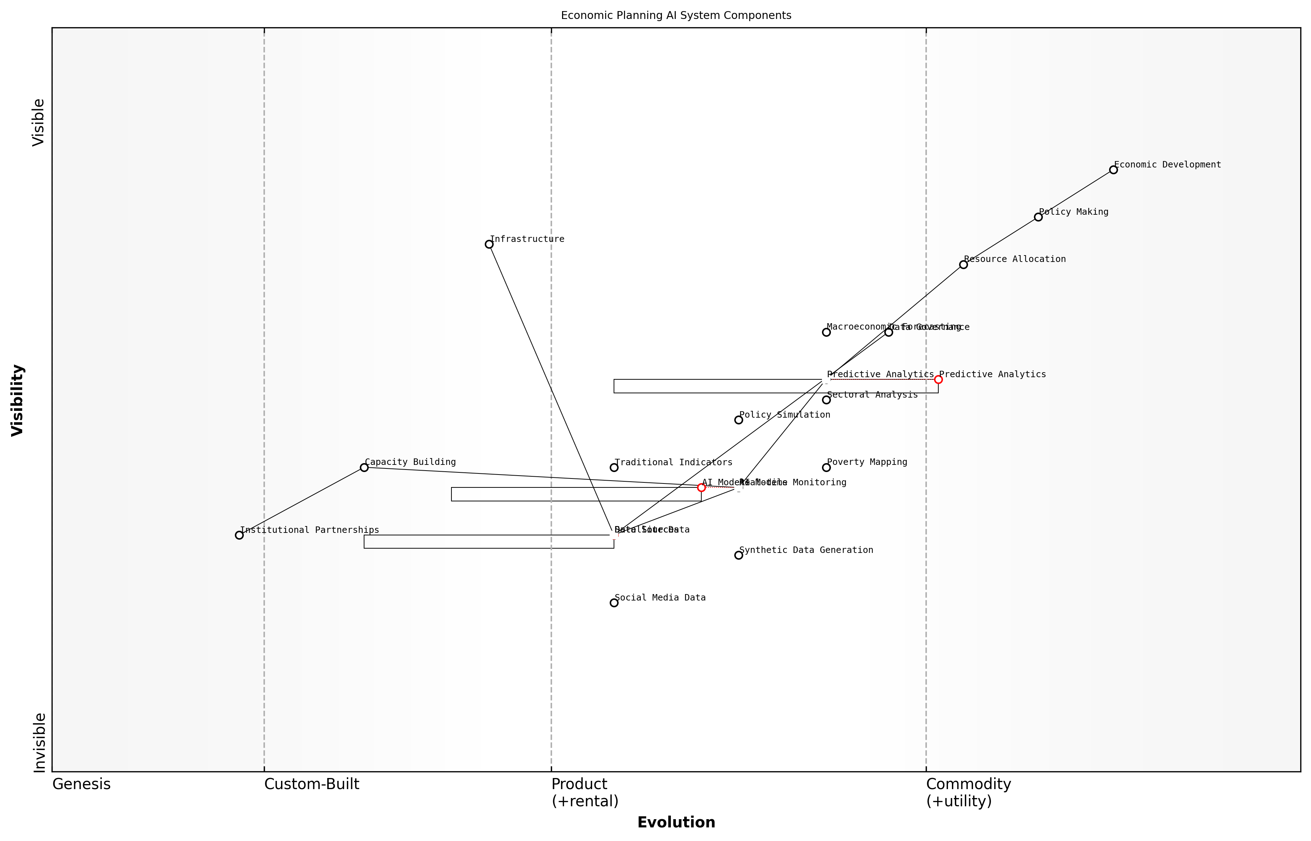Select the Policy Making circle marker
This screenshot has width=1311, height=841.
coord(1038,217)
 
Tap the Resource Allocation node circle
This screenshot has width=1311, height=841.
coord(963,264)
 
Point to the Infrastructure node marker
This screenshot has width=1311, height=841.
coord(489,244)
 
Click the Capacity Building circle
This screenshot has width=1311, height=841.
coord(364,467)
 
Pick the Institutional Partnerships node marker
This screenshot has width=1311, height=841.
coord(239,535)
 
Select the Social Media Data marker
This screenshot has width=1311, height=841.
coord(614,603)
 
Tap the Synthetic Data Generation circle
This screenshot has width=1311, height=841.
coord(739,555)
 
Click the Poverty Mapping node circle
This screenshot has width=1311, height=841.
coord(826,467)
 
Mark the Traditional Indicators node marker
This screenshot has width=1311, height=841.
coord(614,467)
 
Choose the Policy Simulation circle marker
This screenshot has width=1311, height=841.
coord(739,420)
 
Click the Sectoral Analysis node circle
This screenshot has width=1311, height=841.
coord(826,400)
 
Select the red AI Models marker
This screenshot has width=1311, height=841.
coord(701,488)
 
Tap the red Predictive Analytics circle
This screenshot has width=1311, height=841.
coord(938,380)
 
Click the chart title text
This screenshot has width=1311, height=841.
coord(676,15)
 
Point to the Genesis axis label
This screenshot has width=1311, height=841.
coord(81,784)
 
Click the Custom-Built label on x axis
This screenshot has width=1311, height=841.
coord(311,784)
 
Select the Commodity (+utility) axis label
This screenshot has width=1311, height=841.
coord(968,792)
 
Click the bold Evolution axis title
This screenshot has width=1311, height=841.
coord(676,822)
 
